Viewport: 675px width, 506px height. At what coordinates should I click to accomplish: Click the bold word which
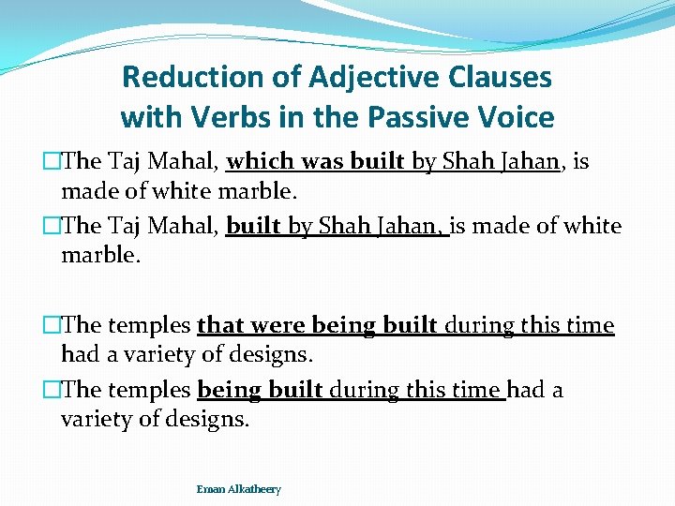(257, 161)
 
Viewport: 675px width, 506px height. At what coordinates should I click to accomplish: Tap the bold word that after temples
(221, 325)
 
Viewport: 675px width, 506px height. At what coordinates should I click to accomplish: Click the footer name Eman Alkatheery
(238, 489)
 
